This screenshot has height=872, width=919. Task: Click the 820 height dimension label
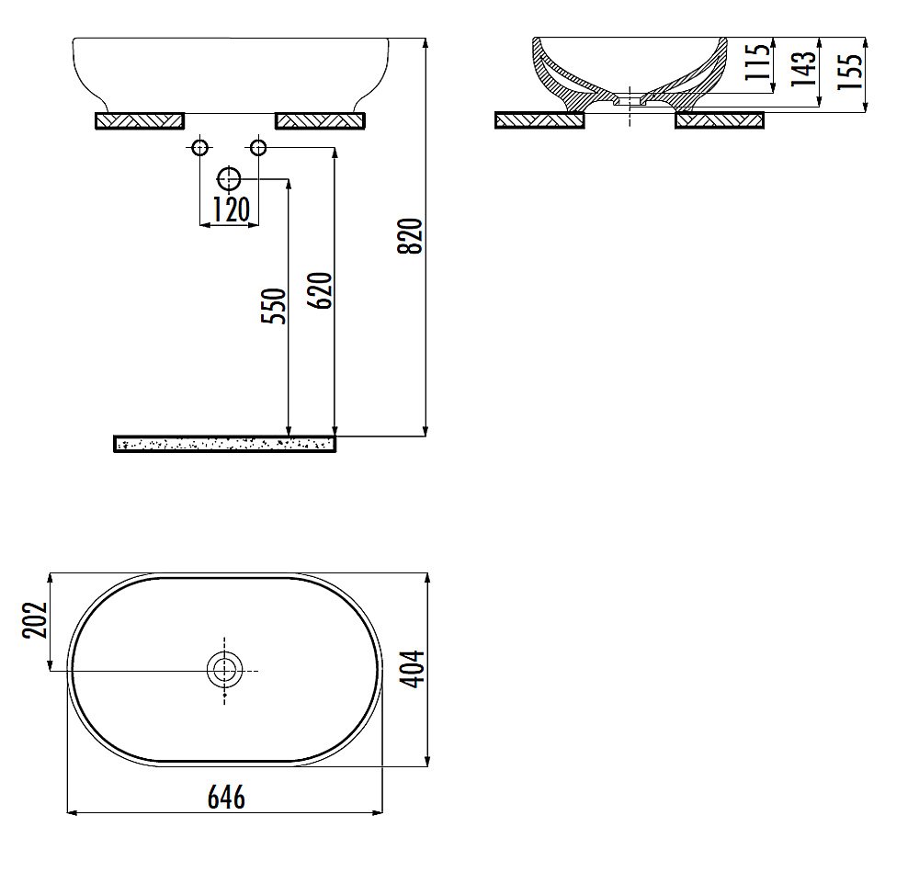pos(410,235)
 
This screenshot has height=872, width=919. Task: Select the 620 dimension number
pos(320,290)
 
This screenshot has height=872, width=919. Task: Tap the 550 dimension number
pos(274,305)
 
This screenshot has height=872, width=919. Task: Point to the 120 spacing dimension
pos(231,210)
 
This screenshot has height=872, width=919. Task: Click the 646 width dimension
pos(226,797)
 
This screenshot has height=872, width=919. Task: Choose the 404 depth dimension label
pos(412,669)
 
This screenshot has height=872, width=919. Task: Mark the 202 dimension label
pos(35,619)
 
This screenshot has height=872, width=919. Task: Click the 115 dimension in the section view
pos(757,61)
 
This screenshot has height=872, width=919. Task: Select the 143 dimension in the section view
pos(803,68)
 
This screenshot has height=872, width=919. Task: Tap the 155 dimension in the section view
pos(850,72)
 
